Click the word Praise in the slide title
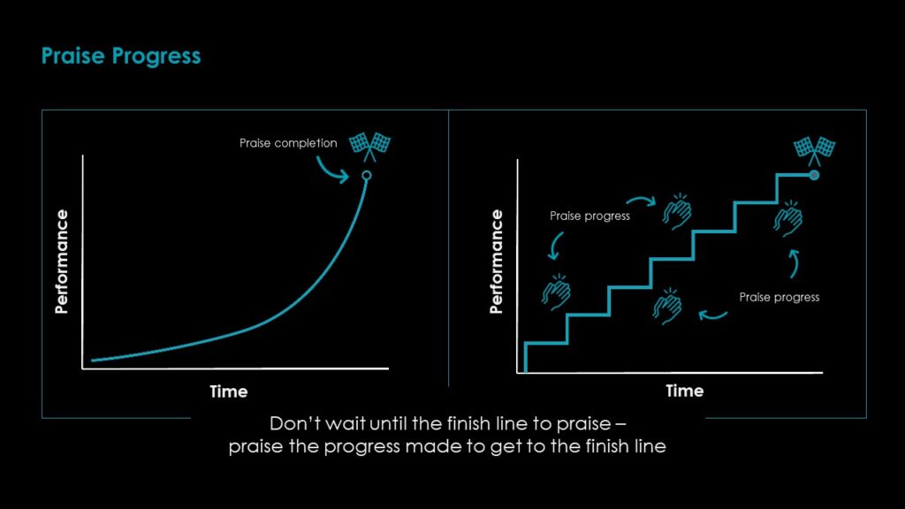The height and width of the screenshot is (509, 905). coord(73,56)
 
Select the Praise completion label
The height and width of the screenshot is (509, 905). coord(288,143)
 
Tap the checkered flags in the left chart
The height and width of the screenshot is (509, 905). coord(370,147)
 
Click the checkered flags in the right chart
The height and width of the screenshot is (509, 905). coord(814,150)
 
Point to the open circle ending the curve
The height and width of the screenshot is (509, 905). coord(367,176)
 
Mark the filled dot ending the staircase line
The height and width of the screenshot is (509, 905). coord(814,175)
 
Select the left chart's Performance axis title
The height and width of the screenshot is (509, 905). coord(61,262)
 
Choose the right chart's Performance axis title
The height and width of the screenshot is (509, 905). coord(496,262)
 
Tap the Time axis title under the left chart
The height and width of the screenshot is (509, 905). coord(229,391)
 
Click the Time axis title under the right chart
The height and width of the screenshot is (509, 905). coord(685,391)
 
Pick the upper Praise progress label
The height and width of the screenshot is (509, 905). coord(589,216)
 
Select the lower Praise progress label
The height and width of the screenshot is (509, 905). coord(780,297)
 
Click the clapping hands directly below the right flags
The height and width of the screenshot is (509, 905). coord(788,219)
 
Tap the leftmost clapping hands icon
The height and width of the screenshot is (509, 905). coord(556,292)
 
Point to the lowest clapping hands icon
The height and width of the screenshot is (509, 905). coord(667,307)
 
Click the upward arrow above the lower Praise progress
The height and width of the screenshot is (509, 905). coord(795,263)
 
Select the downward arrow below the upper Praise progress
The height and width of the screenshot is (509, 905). coord(555,247)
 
